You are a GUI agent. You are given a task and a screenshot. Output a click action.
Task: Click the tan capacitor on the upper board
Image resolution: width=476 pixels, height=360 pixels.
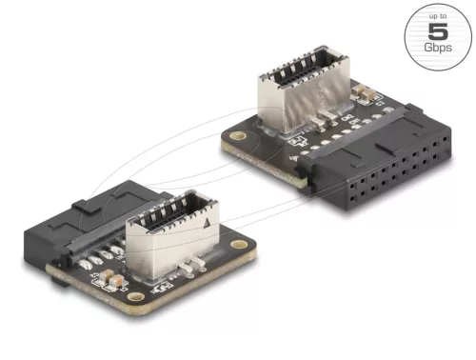click(x=365, y=92)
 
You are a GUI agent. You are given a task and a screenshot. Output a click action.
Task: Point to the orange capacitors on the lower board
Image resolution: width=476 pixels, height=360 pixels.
click(x=112, y=282)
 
